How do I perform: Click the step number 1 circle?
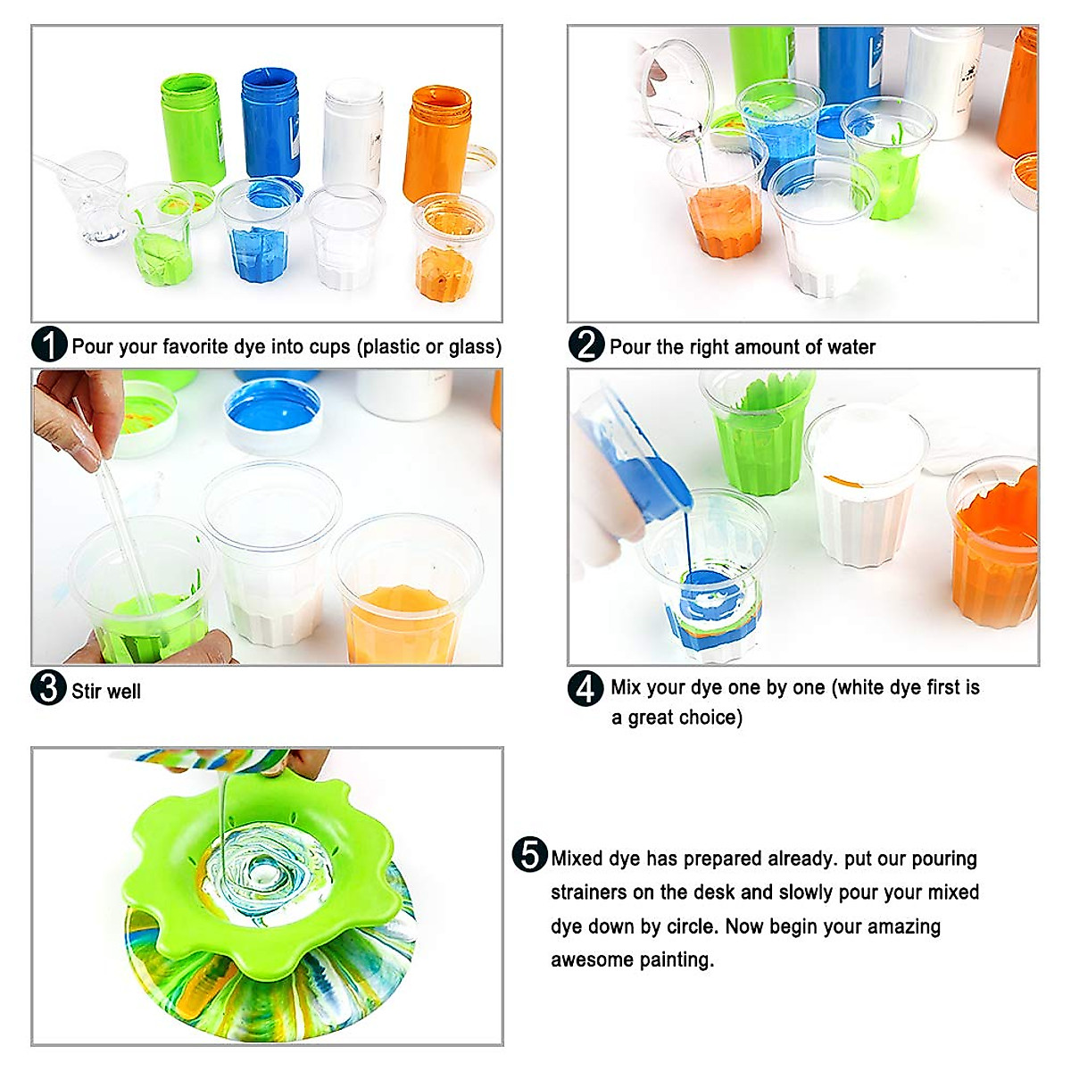[49, 345]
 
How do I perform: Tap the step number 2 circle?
[586, 345]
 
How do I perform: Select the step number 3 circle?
[49, 688]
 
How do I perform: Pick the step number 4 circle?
[585, 688]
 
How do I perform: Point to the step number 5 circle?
[529, 854]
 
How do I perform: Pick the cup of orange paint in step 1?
[445, 254]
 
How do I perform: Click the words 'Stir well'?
[106, 692]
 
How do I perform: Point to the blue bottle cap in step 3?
[272, 414]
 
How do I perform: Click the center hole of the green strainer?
[263, 868]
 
